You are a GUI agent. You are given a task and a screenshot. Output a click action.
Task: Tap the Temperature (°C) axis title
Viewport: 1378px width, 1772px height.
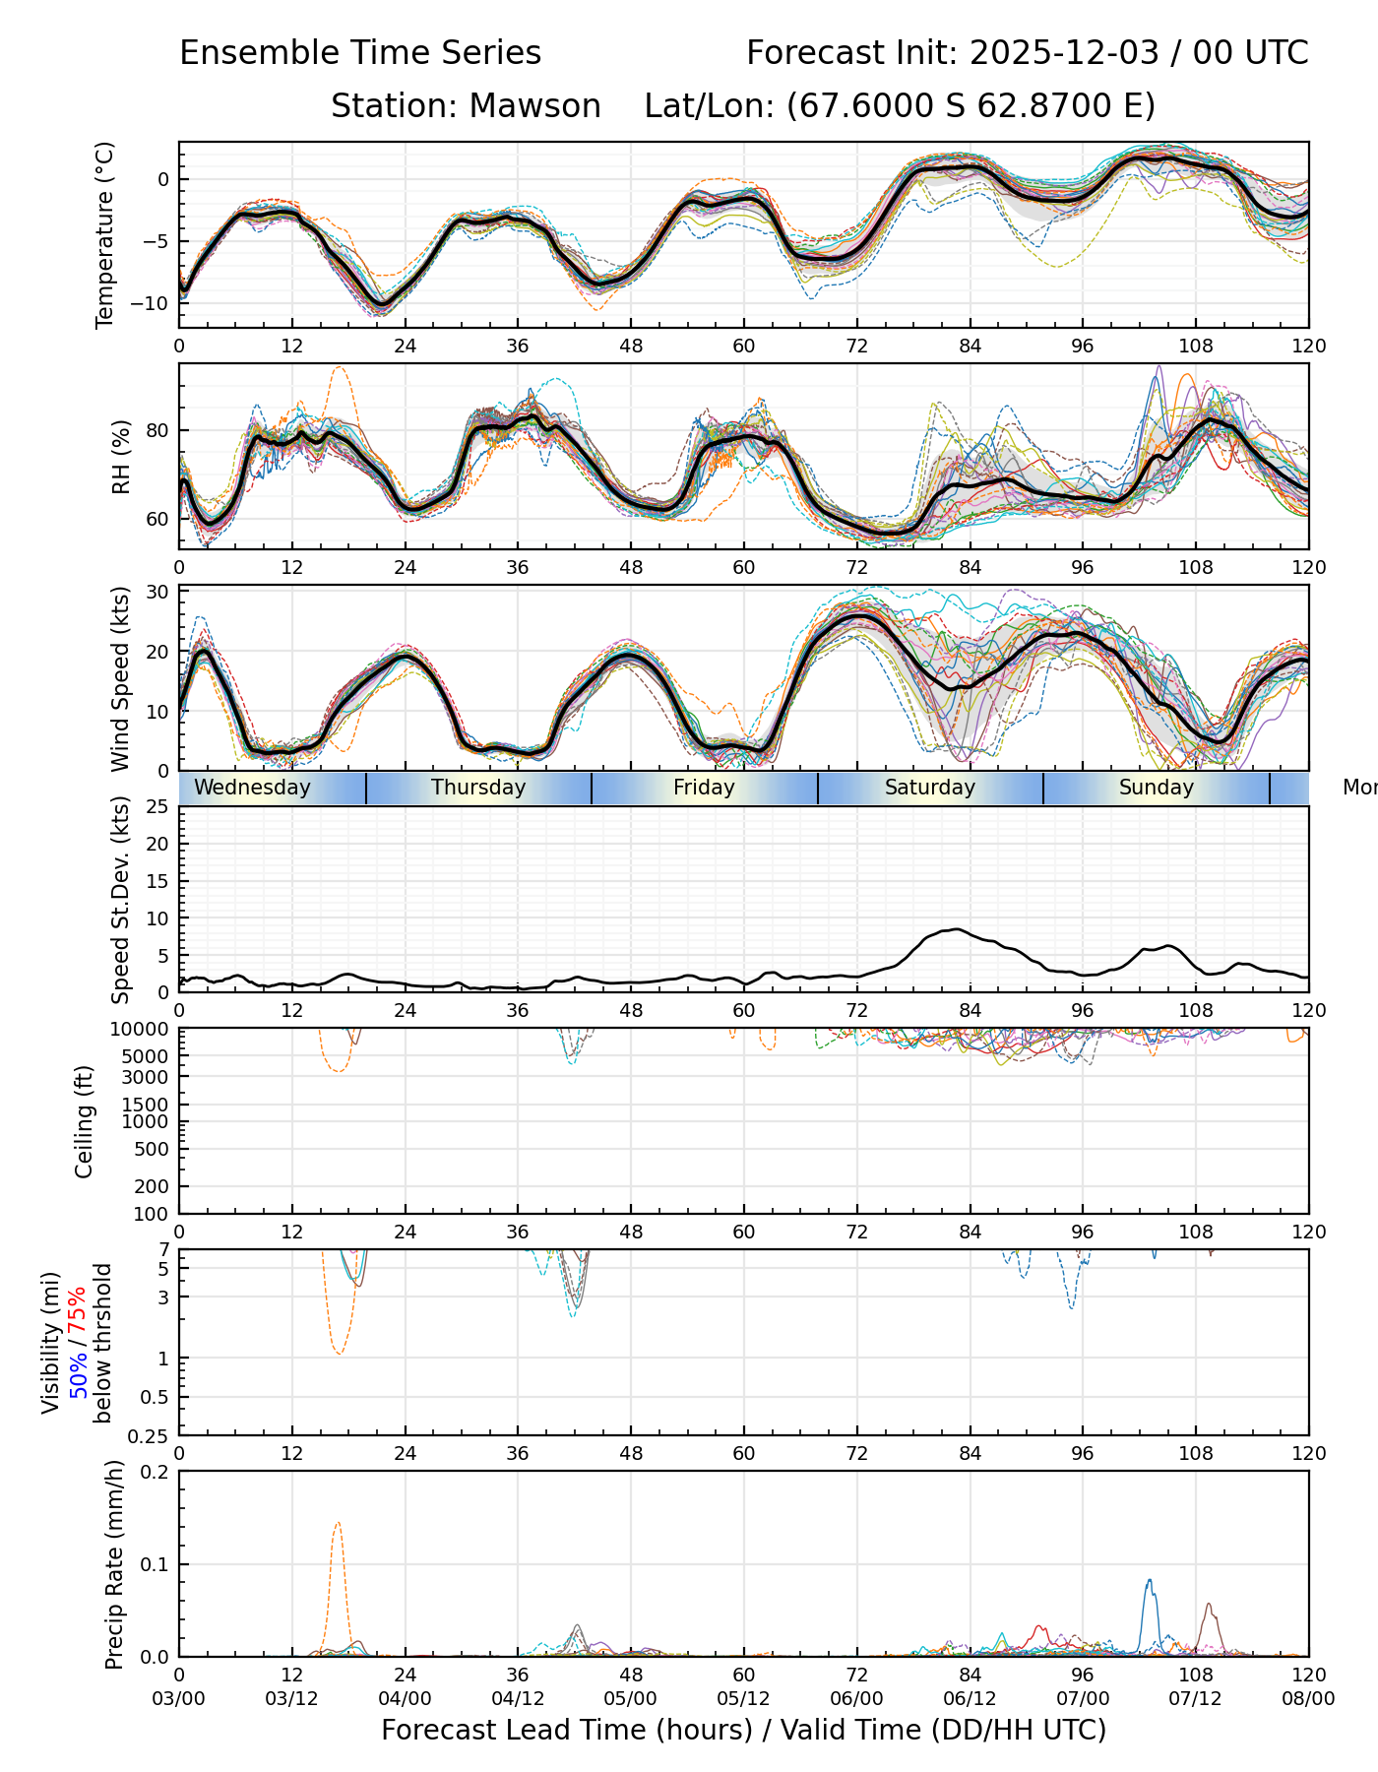pyautogui.click(x=105, y=234)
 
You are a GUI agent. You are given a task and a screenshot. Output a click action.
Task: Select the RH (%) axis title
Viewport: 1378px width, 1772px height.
pyautogui.click(x=121, y=456)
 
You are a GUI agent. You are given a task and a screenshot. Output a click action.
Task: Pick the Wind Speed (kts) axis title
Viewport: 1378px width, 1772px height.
pyautogui.click(x=120, y=678)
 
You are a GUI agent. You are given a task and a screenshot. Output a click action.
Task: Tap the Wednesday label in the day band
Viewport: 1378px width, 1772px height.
pyautogui.click(x=252, y=788)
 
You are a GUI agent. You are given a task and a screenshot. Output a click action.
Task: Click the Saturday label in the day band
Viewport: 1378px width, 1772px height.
pyautogui.click(x=929, y=788)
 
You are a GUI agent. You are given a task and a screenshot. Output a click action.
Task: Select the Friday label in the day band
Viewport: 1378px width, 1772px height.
pyautogui.click(x=704, y=788)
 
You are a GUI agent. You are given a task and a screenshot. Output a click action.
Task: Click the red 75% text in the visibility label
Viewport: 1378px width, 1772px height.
pyautogui.click(x=78, y=1307)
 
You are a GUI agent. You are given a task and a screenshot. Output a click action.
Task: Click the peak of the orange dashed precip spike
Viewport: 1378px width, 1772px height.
pyautogui.click(x=338, y=1523)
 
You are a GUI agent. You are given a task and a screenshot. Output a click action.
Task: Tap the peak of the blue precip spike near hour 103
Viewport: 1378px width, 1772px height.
pyautogui.click(x=1149, y=1581)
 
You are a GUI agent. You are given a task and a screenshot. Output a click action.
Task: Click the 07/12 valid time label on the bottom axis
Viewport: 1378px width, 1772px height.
pyautogui.click(x=1195, y=1699)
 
